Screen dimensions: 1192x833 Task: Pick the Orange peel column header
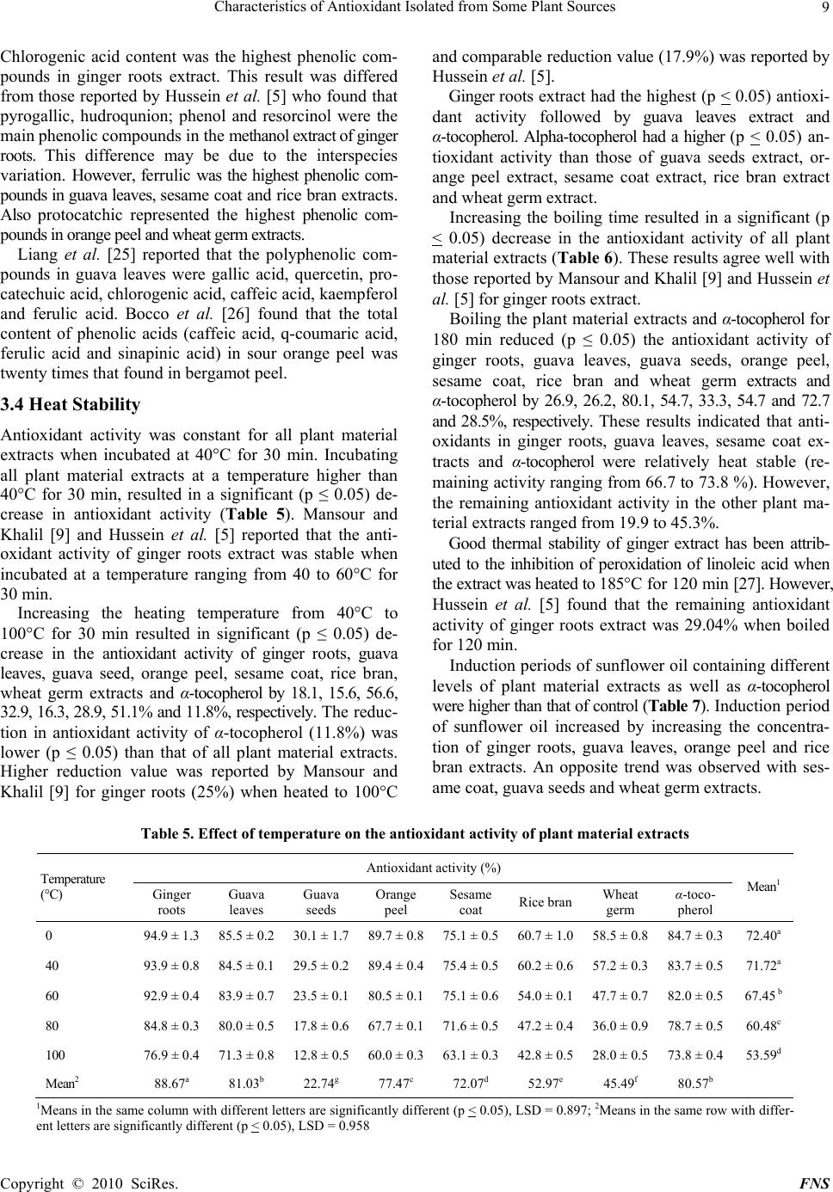396,902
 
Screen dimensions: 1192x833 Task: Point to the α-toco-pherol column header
695,902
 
